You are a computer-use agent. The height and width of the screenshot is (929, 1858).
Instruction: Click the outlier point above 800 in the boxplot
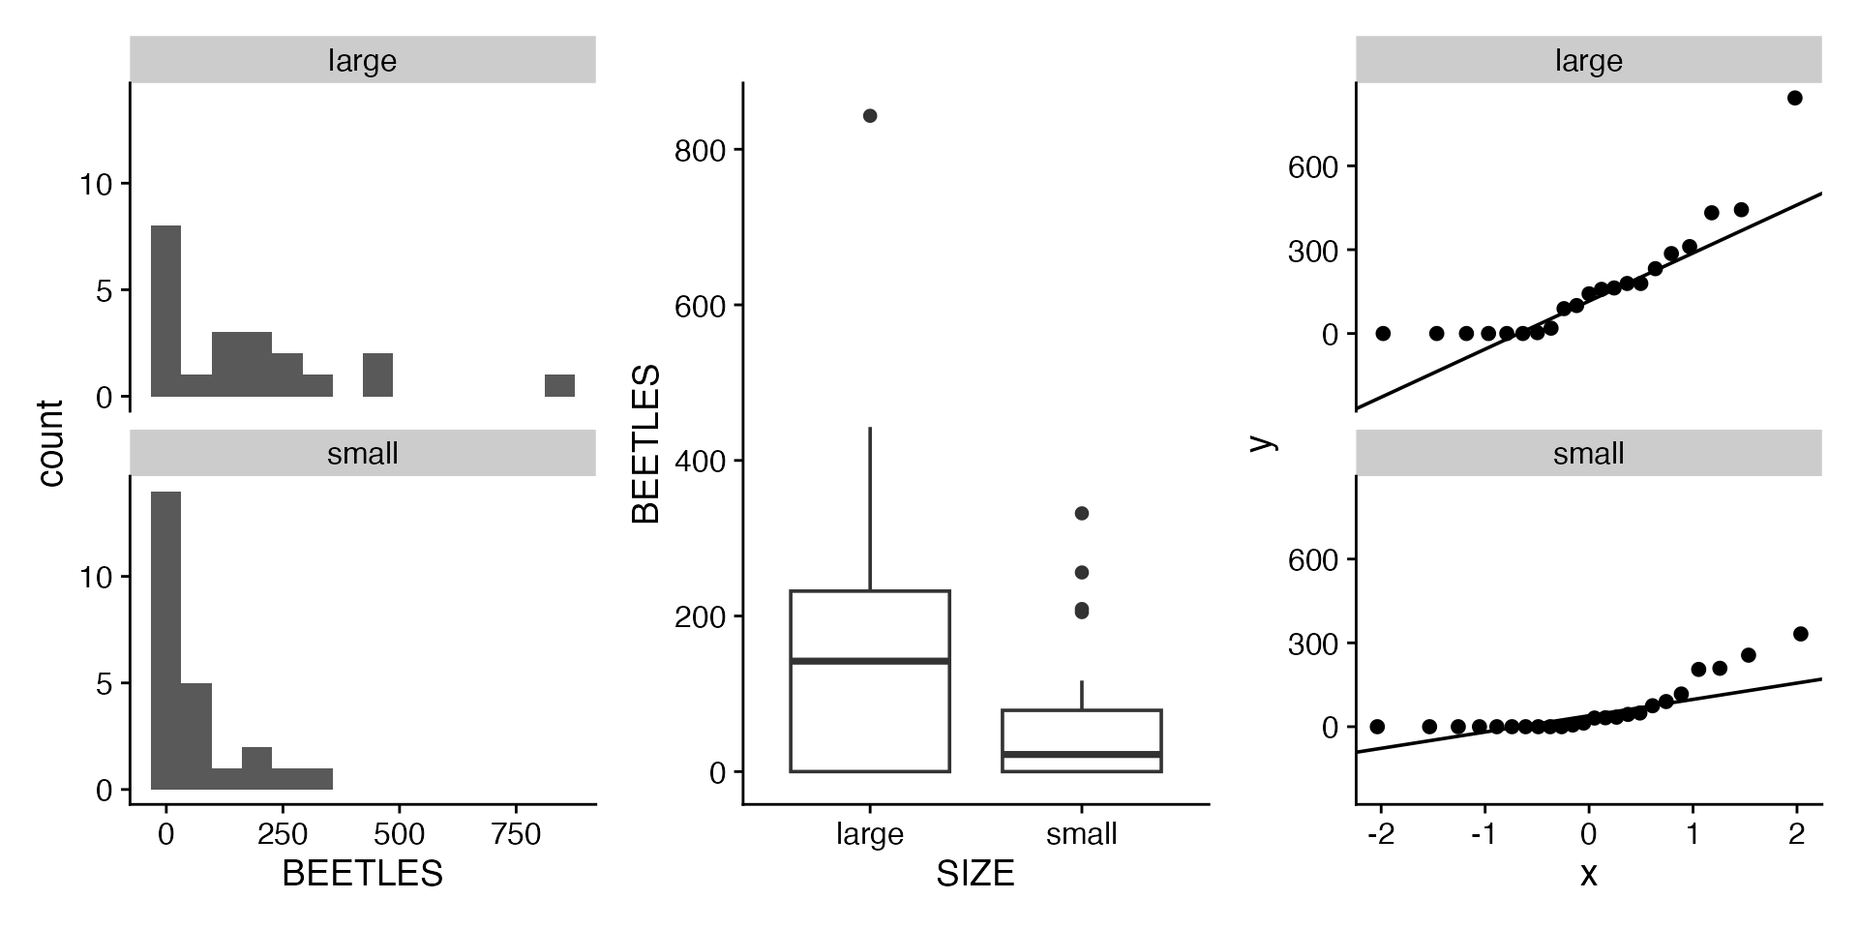point(869,116)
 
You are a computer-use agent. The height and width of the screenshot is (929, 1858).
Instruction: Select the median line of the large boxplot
point(869,661)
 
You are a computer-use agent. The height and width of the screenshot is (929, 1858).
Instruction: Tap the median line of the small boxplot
point(1081,753)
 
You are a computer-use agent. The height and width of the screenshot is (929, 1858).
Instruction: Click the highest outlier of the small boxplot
point(1081,513)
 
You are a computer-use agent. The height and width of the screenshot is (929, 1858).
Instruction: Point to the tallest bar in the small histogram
point(165,641)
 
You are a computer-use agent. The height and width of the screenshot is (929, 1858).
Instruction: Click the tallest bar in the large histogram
point(165,311)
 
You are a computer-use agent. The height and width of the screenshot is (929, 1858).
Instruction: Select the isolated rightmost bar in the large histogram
point(559,385)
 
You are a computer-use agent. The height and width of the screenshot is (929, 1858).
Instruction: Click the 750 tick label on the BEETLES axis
point(516,834)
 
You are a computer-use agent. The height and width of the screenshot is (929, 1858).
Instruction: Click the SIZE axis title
point(974,874)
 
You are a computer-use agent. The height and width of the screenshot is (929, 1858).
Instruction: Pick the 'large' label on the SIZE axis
point(869,834)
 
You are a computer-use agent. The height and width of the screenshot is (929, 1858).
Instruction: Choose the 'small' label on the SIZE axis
point(1081,834)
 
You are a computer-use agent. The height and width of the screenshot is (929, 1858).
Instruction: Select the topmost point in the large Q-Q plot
point(1794,98)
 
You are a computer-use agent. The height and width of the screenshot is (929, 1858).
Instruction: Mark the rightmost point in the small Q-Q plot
point(1800,634)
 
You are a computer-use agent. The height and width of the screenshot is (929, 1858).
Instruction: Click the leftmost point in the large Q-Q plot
point(1383,333)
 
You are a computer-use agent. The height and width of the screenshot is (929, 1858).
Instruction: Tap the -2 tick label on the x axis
point(1381,834)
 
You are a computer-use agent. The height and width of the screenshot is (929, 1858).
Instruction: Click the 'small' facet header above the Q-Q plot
point(1588,454)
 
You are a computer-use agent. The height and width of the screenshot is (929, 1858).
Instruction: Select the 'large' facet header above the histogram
point(362,61)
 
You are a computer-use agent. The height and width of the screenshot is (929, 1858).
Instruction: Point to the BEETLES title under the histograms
point(362,874)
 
